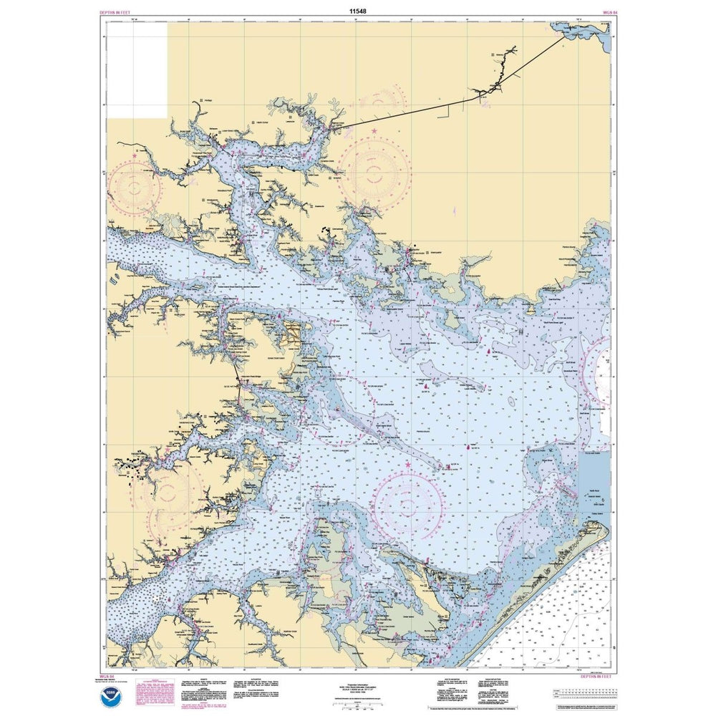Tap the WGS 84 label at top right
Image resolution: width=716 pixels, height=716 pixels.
pos(599,13)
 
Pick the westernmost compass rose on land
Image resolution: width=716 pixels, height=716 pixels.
pos(135,188)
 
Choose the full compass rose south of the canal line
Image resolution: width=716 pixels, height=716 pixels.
pos(374,171)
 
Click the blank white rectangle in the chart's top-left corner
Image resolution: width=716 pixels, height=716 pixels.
pos(137,69)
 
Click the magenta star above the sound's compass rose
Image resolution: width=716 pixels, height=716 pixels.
pos(408,465)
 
